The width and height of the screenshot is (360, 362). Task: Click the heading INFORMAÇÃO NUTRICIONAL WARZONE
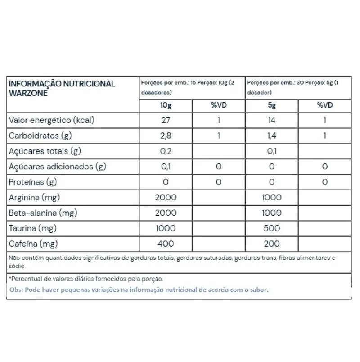click(62, 88)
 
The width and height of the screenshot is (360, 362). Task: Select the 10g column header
click(166, 105)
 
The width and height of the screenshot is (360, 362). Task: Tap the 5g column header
click(272, 105)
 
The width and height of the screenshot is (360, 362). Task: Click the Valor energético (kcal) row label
click(52, 120)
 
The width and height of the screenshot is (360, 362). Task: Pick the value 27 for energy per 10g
click(166, 120)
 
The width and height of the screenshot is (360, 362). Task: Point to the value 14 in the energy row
click(272, 120)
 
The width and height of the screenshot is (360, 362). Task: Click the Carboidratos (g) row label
click(41, 136)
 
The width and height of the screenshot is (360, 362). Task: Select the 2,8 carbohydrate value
click(166, 136)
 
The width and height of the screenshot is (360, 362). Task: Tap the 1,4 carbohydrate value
click(272, 136)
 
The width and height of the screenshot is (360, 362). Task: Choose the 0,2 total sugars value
click(166, 151)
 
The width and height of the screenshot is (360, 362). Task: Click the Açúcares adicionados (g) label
click(58, 167)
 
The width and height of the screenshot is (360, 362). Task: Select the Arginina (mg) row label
click(35, 197)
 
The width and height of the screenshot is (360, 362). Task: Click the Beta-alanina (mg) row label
click(43, 213)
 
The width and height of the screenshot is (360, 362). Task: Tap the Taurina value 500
click(272, 228)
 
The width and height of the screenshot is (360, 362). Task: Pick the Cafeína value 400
click(166, 244)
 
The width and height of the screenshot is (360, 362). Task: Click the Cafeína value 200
click(272, 244)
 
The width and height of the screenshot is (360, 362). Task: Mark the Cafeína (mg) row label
click(34, 244)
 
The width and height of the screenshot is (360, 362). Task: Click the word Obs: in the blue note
click(17, 290)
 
